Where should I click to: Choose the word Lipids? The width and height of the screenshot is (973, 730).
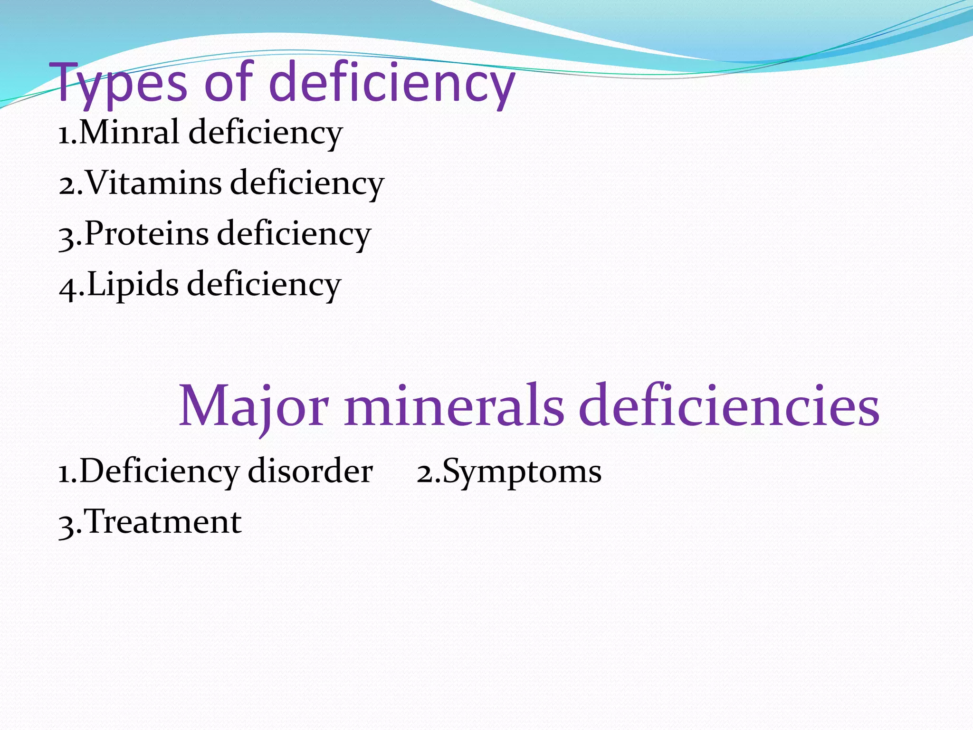(x=133, y=284)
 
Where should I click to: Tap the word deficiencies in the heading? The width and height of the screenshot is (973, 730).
(x=730, y=406)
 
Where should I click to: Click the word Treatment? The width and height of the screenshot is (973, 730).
(x=163, y=522)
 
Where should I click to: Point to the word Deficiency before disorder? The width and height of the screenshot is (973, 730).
(x=159, y=472)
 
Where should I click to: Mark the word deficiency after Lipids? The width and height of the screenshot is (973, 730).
(x=264, y=284)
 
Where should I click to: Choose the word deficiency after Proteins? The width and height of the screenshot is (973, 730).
(x=294, y=233)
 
